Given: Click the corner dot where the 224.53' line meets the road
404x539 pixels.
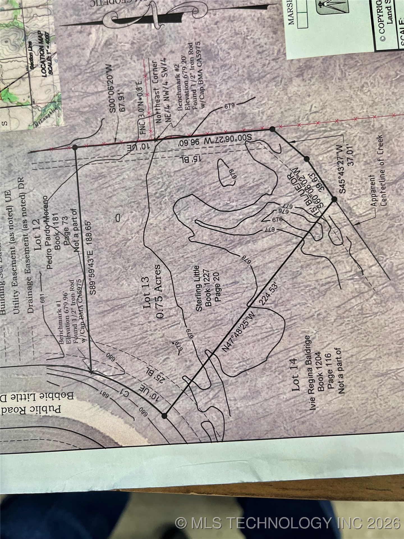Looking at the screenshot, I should pos(164,416).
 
